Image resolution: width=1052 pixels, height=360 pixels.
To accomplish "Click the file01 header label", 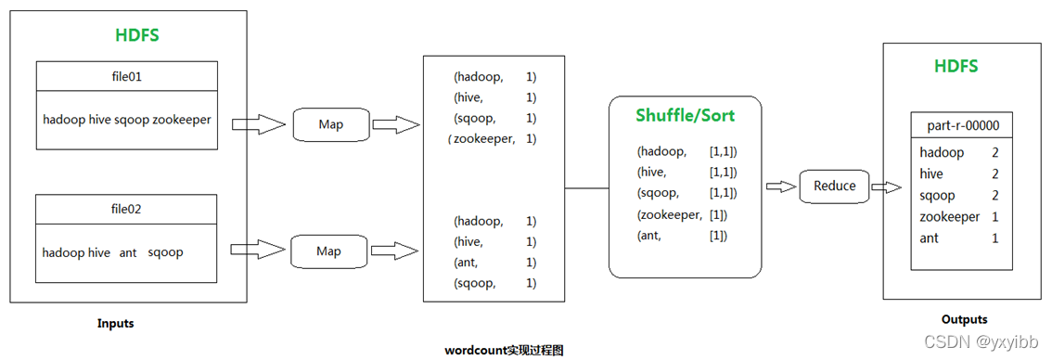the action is click(127, 77).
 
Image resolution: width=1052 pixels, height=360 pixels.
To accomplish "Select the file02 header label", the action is click(127, 210).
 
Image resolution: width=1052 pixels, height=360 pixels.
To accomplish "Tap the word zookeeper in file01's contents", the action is click(181, 121).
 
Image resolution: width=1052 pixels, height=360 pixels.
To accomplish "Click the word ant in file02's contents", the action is click(128, 253).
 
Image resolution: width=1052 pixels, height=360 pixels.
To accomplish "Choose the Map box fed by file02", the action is click(328, 251).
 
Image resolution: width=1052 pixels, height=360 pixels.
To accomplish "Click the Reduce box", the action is click(835, 186).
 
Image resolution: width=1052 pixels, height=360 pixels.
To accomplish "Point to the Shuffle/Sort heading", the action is click(685, 116).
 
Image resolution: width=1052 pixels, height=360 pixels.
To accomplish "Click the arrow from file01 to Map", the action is click(258, 124).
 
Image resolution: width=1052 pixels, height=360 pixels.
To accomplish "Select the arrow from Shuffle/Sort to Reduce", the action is click(780, 186).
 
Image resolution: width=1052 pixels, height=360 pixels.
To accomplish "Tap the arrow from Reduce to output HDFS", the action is click(886, 187).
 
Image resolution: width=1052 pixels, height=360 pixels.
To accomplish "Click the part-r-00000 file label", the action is click(961, 125).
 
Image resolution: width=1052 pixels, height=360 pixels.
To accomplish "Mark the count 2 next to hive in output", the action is click(995, 174).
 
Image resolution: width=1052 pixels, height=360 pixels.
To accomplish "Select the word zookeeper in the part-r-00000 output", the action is click(949, 217).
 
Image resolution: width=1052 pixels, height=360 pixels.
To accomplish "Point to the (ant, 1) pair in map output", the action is click(494, 262).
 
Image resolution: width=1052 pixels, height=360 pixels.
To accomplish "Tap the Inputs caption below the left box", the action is click(115, 324).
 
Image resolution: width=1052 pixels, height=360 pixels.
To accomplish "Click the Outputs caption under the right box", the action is click(964, 320).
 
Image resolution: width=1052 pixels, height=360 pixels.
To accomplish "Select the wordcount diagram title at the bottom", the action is click(510, 351).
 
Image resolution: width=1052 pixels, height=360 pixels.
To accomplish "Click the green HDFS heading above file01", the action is click(137, 35).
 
